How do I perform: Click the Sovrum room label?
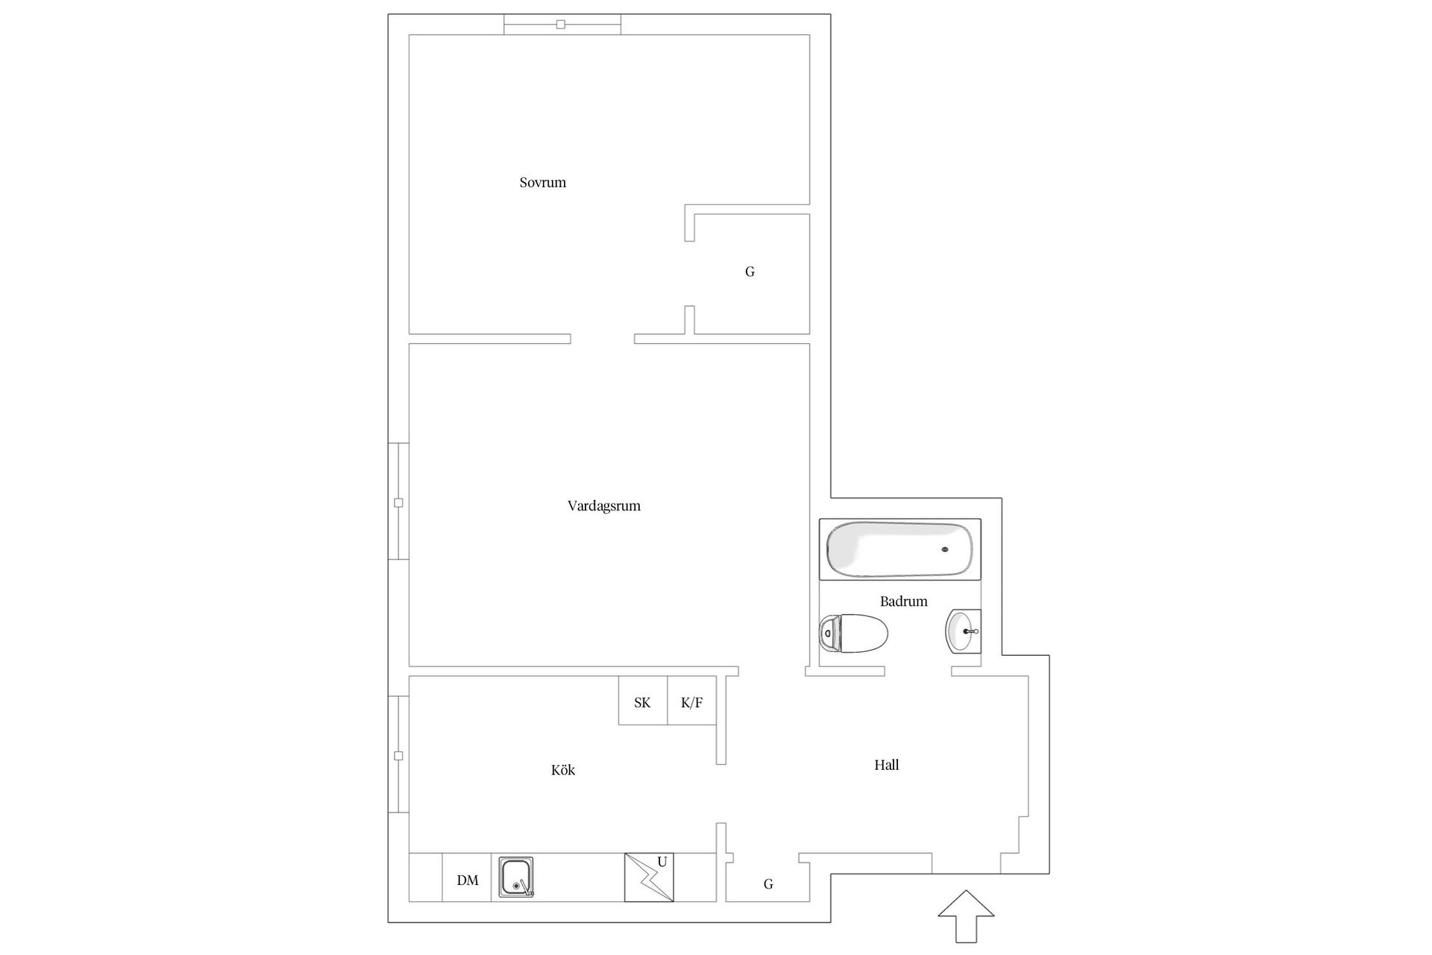coord(542,183)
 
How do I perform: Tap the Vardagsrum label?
coord(603,506)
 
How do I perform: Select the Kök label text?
coord(563,770)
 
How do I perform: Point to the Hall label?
coord(886,765)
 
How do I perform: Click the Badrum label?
coord(903,601)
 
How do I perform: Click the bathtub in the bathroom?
coord(899,549)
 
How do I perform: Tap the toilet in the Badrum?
coord(853,634)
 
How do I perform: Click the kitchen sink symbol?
coord(515,876)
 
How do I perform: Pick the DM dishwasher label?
coord(468,880)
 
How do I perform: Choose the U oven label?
coord(662,862)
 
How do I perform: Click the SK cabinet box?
coord(642,702)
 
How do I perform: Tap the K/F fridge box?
coord(691,702)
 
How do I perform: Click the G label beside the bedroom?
coord(750,272)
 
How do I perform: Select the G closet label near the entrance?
coord(768,884)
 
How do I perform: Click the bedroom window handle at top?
coord(561,25)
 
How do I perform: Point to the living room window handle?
coord(398,503)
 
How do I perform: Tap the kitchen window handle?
coord(398,756)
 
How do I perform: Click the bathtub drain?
coord(945,550)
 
